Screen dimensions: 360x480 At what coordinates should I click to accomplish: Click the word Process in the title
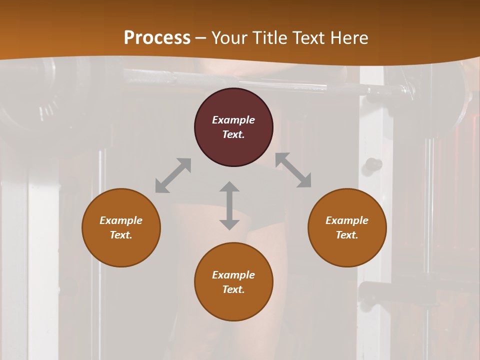point(157,38)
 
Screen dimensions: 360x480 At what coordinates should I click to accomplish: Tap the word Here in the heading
point(348,38)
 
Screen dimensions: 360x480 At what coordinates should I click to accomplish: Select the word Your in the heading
point(230,38)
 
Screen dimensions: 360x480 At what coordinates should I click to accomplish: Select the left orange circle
point(121,250)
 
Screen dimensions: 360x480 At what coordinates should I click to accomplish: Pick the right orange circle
point(347,250)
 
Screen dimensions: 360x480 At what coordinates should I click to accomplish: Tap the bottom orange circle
point(233,305)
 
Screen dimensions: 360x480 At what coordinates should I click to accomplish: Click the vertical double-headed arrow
point(229,205)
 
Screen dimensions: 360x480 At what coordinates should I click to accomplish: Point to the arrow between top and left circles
point(173,175)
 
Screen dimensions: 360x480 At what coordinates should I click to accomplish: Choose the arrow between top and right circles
point(293,170)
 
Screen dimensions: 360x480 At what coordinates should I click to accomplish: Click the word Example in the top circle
point(233,120)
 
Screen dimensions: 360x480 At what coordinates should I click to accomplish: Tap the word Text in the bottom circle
point(233,289)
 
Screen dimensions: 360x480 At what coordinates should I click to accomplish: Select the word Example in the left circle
point(121,220)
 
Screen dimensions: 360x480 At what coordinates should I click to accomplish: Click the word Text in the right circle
point(347,235)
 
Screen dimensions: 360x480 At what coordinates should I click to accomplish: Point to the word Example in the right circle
point(347,220)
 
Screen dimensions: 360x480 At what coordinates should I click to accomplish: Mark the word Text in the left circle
point(121,235)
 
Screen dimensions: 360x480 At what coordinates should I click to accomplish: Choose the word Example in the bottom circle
point(233,275)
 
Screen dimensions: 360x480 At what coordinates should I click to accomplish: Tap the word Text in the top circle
point(233,134)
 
